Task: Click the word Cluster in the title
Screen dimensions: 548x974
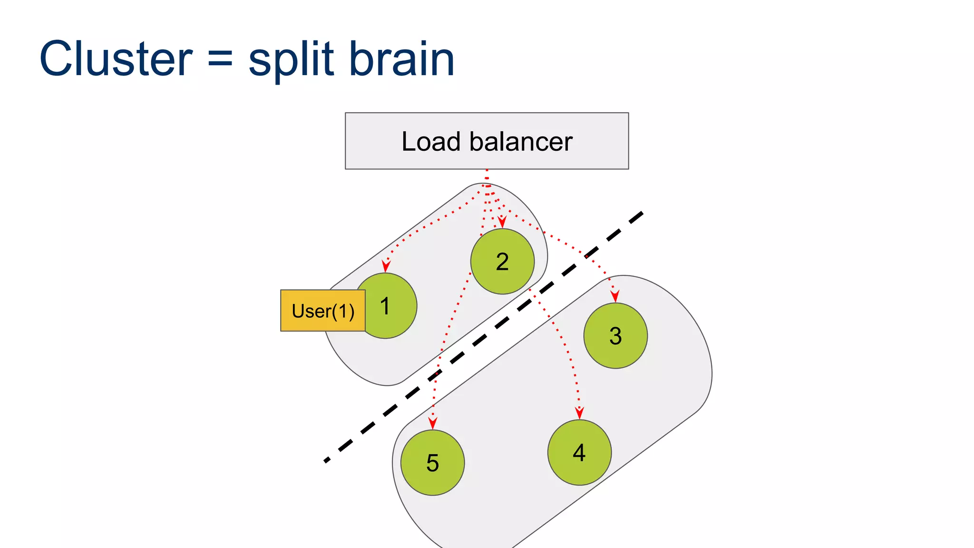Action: (116, 59)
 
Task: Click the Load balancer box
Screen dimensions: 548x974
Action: (487, 141)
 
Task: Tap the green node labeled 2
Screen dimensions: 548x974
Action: (502, 262)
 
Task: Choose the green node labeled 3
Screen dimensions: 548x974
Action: (615, 336)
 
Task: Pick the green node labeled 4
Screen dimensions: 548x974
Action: (579, 452)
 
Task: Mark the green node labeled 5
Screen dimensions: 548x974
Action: (432, 463)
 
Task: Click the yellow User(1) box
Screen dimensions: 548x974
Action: (323, 311)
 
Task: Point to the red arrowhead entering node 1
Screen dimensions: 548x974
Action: (386, 266)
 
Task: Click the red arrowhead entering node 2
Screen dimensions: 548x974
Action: (502, 222)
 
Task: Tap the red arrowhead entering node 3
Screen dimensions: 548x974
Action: (615, 296)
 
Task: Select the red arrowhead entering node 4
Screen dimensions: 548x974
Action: (579, 413)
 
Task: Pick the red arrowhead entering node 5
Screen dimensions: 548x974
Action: (432, 423)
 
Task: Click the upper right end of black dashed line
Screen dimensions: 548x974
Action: (642, 214)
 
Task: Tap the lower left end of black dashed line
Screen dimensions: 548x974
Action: (326, 460)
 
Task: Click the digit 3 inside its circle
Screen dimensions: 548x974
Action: (615, 336)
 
